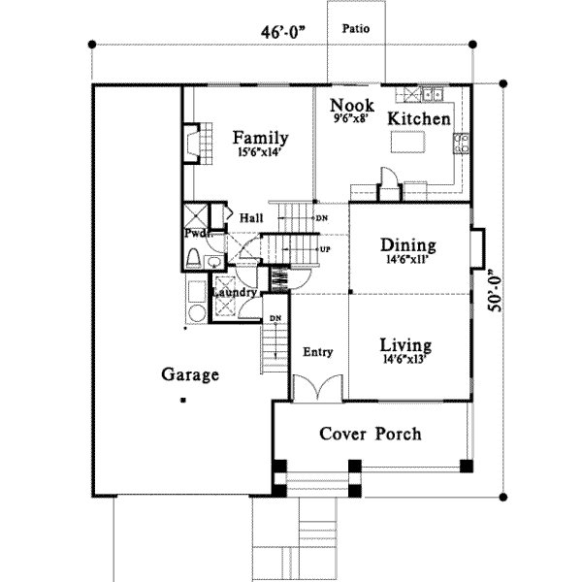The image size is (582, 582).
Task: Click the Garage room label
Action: click(190, 374)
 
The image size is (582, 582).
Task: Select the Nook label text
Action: click(348, 105)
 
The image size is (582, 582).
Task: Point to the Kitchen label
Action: click(419, 118)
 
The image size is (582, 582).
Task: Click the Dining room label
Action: click(407, 245)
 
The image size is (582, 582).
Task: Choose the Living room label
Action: click(405, 344)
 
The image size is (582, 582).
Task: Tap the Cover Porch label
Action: click(371, 434)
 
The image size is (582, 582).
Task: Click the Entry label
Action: click(318, 351)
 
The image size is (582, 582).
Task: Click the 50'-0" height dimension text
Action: click(496, 290)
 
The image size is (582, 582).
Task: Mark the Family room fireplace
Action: click(192, 143)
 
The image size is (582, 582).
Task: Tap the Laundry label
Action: click(234, 292)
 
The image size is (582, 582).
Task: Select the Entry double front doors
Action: click(319, 388)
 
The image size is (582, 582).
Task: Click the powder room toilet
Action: click(194, 258)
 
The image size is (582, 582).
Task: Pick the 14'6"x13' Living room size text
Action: click(406, 360)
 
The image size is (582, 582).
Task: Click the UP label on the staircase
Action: click(324, 248)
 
